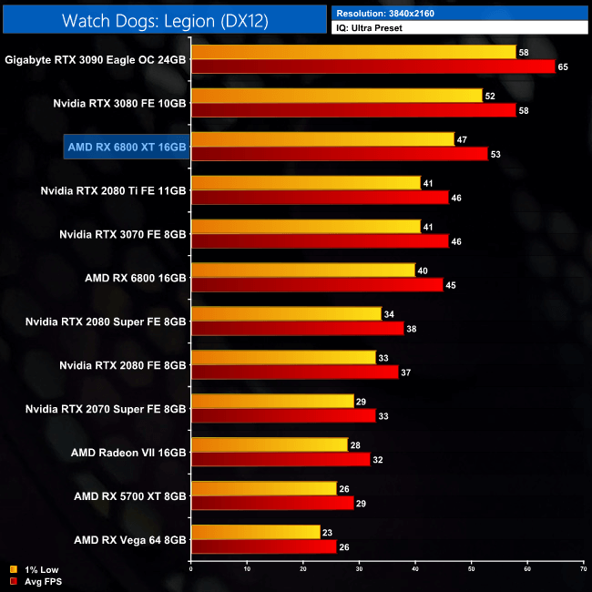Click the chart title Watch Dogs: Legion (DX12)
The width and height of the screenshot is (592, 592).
coord(165,20)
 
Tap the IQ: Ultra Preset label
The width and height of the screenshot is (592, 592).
coord(371,28)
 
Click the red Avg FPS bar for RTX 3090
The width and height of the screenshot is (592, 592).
coord(373,66)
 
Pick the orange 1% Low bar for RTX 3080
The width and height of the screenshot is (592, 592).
coord(336,96)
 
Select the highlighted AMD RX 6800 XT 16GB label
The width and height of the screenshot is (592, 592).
coord(127,146)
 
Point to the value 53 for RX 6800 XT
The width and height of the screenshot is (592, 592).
coord(496,154)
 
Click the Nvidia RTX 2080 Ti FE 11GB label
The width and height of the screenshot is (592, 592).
coord(114,190)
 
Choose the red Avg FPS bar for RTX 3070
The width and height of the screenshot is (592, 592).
coord(319,241)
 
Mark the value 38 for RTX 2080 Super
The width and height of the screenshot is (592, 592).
coord(413,329)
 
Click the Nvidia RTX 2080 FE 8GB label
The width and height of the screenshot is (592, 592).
coord(123,364)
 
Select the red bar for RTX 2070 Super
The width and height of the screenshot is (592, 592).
coord(282,415)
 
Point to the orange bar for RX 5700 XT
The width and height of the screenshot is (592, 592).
coord(263,488)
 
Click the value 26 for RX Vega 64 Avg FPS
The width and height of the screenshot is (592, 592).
coord(345,547)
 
